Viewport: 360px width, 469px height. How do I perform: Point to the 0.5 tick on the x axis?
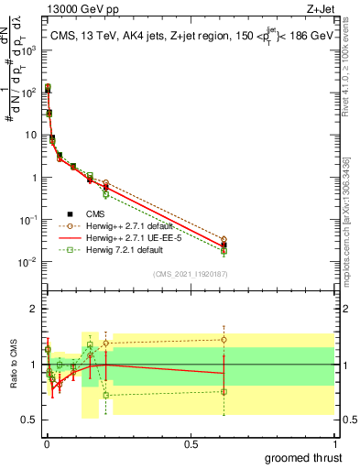tap(190, 442)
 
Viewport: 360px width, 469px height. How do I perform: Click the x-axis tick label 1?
tap(333, 442)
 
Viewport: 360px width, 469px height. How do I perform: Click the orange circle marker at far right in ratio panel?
tap(224, 339)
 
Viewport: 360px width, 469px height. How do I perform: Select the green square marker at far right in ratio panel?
tap(224, 391)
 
